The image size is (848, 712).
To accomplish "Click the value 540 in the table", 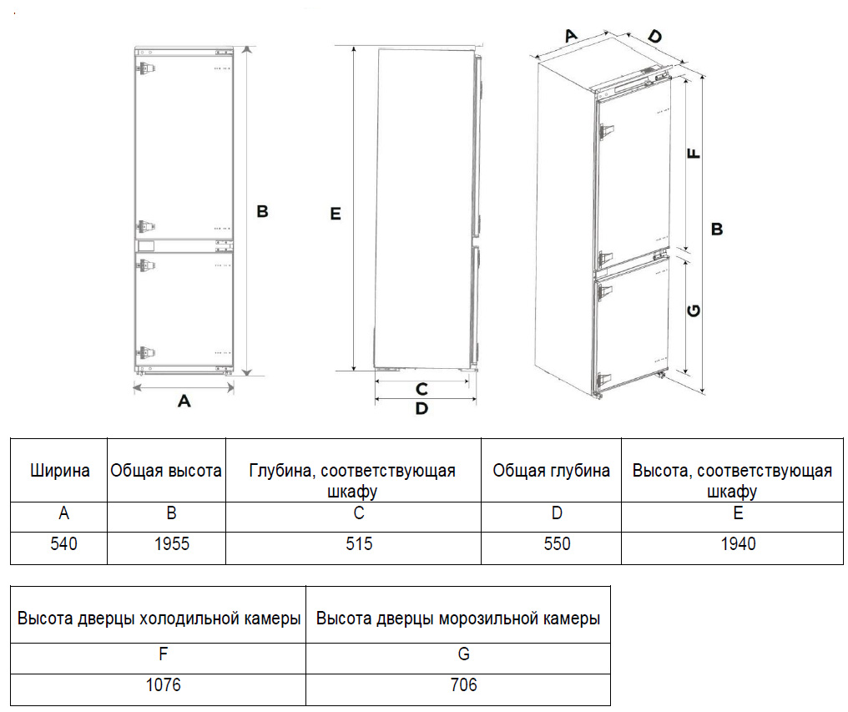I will pos(63,544).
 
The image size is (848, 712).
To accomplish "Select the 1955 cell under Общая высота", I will pos(172,544).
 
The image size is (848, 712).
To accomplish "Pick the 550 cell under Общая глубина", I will pos(557,544).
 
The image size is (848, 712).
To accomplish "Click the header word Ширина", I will pos(60,471).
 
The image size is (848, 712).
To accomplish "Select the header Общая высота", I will pos(166,471).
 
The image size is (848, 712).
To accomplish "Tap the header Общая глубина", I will pos(551,471).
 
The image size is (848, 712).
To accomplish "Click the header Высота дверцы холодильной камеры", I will pos(159,619).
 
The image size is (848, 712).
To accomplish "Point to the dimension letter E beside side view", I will pos(336,215).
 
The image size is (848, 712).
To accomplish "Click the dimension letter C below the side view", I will pos(421,389).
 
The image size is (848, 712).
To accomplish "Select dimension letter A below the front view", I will pos(184,401).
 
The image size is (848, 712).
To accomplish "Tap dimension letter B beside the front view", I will pos(262,212).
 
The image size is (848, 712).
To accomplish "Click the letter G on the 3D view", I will pos(694,311).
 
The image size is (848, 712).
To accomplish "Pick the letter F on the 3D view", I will pos(694,154).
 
